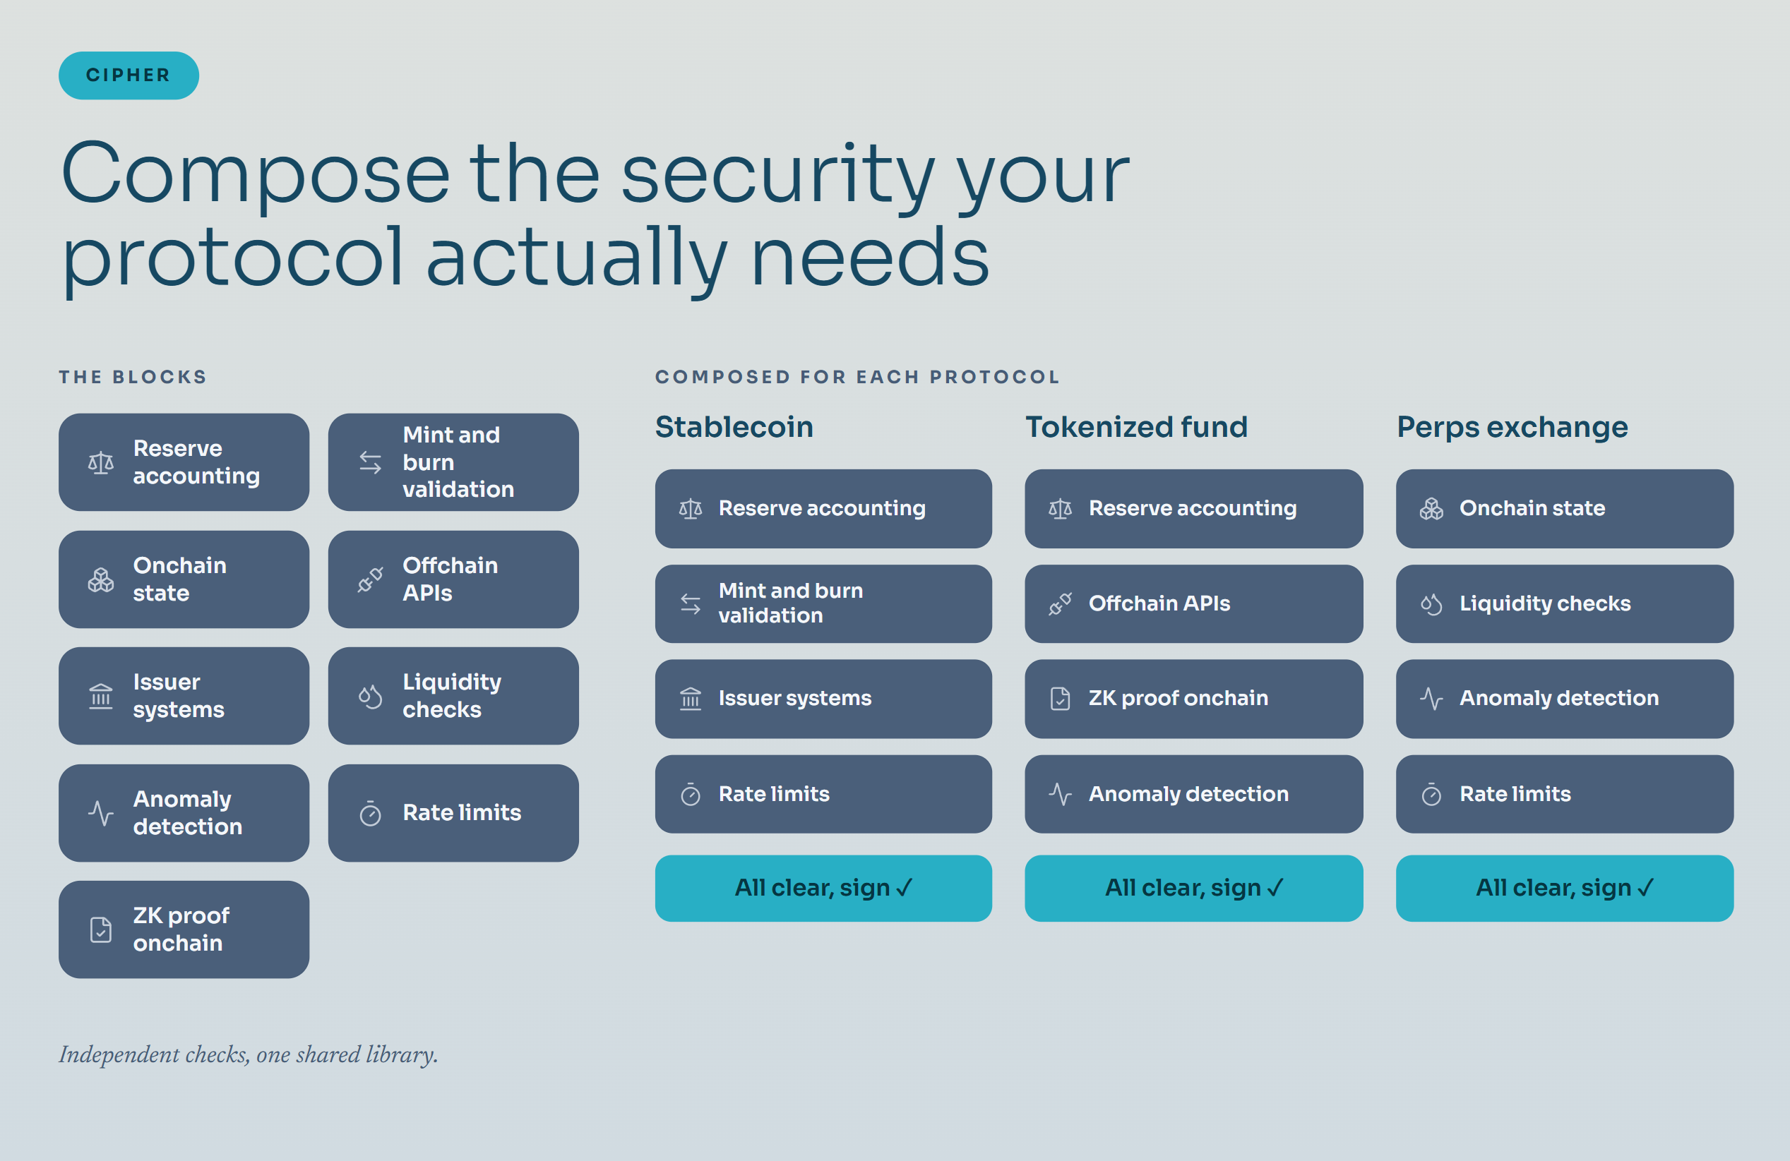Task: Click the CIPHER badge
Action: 129,76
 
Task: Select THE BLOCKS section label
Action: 132,377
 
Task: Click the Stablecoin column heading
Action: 734,427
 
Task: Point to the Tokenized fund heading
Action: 1136,427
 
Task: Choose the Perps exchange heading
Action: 1512,428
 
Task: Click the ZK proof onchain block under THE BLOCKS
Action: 184,930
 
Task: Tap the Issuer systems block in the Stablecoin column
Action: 823,699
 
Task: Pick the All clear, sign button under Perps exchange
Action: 1564,888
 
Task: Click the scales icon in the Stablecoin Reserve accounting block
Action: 691,509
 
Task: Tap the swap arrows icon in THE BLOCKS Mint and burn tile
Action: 370,462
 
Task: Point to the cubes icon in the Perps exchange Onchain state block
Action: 1431,509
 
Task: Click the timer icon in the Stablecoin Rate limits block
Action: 691,794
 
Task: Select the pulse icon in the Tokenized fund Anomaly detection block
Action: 1061,794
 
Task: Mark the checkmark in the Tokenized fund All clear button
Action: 1275,889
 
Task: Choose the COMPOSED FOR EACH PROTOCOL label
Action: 857,377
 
